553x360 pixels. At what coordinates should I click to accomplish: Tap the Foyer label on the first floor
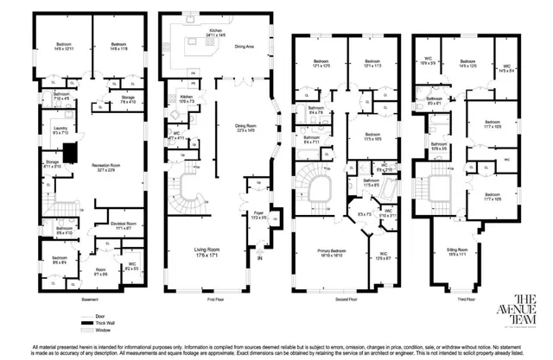tap(257, 214)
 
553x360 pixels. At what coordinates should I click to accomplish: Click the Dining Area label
tap(245, 45)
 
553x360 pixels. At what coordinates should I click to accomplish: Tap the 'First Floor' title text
tap(216, 299)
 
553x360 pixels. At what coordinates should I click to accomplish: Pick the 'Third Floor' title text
tap(462, 299)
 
